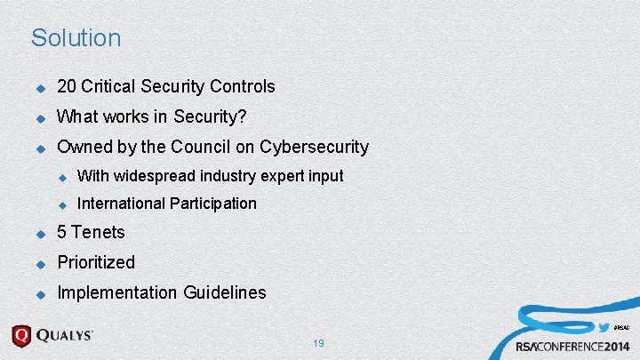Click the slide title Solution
76,38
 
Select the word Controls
243,87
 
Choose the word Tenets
98,233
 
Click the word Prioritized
96,262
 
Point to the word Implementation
117,292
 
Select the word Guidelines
225,292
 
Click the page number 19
319,343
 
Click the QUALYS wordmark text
64,337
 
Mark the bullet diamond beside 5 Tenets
39,234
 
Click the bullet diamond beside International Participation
63,204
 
